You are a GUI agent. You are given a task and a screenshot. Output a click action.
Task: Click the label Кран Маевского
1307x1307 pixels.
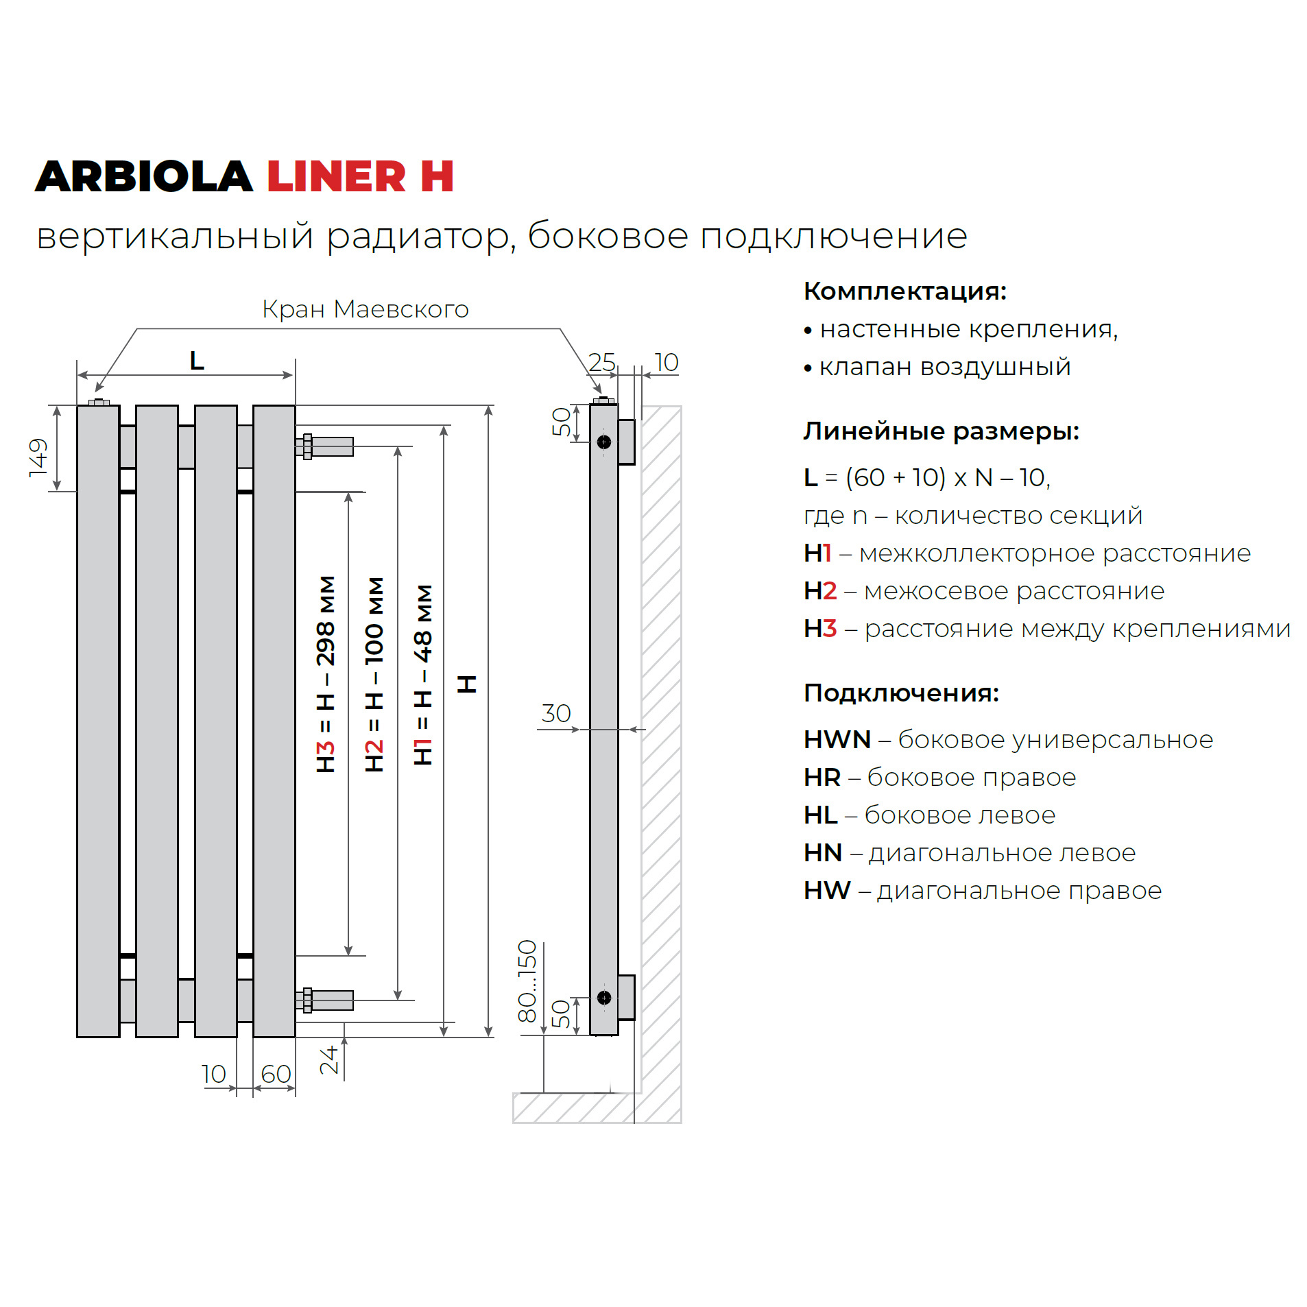[364, 309]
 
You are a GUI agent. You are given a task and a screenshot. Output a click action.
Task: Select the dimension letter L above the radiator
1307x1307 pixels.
[196, 360]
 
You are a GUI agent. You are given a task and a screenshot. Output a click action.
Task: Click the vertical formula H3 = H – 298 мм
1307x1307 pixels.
[326, 673]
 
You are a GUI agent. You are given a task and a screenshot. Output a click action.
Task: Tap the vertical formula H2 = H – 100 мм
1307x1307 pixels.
[374, 673]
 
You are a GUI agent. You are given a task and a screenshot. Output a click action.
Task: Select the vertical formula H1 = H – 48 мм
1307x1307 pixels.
[423, 673]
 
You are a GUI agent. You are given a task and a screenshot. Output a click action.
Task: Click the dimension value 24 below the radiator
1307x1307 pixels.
[329, 1059]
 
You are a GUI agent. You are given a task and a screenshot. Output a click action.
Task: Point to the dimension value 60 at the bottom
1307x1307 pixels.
[276, 1074]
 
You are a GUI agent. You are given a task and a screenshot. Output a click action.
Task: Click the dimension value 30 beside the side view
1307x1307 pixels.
[555, 713]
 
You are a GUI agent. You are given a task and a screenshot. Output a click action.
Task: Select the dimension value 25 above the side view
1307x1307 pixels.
[601, 361]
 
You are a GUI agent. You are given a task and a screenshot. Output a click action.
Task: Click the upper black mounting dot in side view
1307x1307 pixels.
[603, 442]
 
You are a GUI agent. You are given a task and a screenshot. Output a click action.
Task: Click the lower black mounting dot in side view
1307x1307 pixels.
[603, 997]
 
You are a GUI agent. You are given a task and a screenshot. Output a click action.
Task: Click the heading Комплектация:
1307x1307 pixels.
[904, 291]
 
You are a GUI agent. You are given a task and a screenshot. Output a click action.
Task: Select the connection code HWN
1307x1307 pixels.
[837, 739]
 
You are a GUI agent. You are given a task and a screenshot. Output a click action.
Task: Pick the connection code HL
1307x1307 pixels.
[820, 815]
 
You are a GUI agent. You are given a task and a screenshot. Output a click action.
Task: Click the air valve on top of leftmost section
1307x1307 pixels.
[99, 402]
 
